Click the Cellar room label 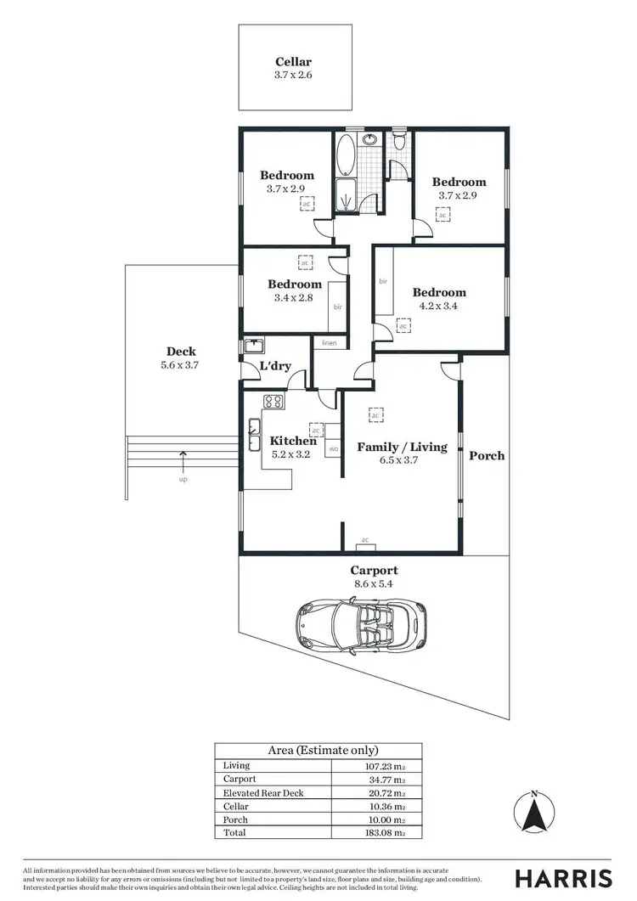pyautogui.click(x=294, y=61)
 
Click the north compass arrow pyautogui.click(x=533, y=815)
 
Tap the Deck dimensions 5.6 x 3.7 pyautogui.click(x=181, y=364)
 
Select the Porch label pyautogui.click(x=487, y=455)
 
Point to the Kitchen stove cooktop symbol pyautogui.click(x=273, y=403)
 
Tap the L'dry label pyautogui.click(x=276, y=366)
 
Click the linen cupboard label pyautogui.click(x=329, y=342)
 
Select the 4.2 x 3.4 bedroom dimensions pyautogui.click(x=439, y=306)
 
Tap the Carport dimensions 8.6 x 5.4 pyautogui.click(x=374, y=584)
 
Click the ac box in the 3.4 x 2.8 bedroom pyautogui.click(x=304, y=263)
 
